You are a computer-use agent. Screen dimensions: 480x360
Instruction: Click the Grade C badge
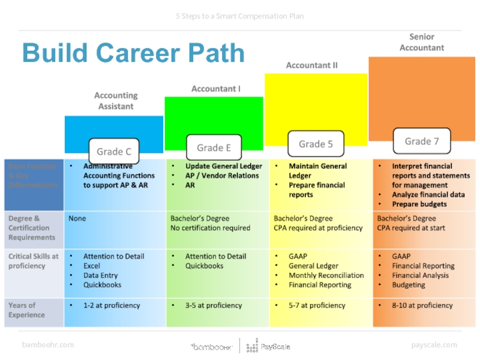[x=114, y=151]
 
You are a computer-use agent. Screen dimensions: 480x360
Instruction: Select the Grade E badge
[x=214, y=148]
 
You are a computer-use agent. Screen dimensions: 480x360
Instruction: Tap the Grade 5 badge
[x=316, y=144]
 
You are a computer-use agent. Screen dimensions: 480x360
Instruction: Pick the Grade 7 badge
[x=422, y=142]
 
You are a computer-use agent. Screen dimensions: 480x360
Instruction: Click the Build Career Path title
[x=133, y=53]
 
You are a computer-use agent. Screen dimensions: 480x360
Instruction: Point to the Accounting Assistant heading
[x=116, y=101]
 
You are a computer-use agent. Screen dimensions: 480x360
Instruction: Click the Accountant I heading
[x=215, y=89]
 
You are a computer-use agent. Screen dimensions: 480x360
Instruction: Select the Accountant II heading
[x=311, y=65]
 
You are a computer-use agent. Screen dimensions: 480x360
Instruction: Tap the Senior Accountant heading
[x=422, y=42]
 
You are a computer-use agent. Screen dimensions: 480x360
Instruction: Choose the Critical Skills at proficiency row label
[x=34, y=261]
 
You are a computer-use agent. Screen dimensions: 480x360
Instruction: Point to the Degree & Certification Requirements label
[x=32, y=228]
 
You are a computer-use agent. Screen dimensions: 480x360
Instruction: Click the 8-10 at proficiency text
[x=422, y=305]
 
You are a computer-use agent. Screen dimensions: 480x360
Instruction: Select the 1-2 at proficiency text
[x=112, y=305]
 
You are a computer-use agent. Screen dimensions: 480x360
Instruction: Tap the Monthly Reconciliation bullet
[x=326, y=275]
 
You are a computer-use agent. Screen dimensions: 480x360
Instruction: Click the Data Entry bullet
[x=100, y=275]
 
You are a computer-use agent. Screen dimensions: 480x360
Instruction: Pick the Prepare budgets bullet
[x=419, y=204]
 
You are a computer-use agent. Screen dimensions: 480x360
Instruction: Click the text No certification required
[x=210, y=228]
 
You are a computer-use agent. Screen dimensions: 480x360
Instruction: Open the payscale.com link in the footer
[x=434, y=345]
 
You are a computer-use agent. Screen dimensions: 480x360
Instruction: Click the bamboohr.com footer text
[x=48, y=345]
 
